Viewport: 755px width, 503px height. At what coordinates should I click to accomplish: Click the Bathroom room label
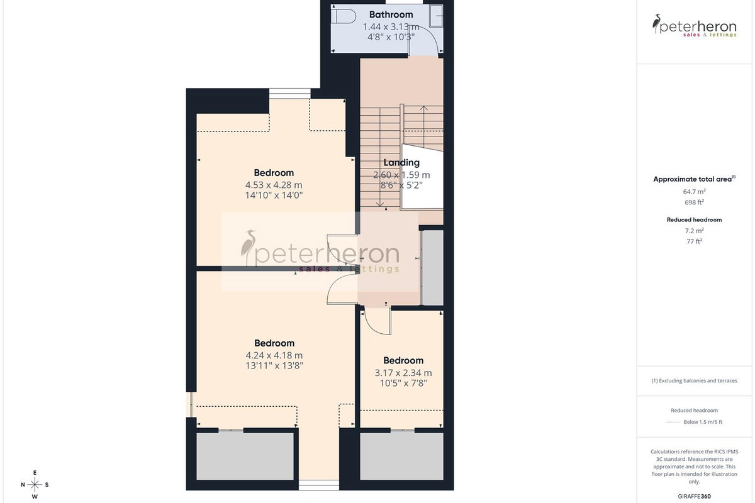[391, 14]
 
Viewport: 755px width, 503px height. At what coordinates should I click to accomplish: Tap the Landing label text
[401, 163]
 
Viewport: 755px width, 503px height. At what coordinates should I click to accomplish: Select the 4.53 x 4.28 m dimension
[274, 185]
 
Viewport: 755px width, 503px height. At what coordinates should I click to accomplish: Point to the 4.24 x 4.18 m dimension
[274, 355]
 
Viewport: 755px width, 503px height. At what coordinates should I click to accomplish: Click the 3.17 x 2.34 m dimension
[403, 373]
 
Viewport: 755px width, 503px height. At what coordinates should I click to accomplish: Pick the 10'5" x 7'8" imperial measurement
[403, 384]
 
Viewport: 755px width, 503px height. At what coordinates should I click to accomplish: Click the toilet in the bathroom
[343, 16]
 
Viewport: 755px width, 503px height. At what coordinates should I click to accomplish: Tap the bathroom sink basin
[437, 16]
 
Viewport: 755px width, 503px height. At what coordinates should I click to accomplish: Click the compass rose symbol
[35, 485]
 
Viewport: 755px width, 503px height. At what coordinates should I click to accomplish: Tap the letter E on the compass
[35, 473]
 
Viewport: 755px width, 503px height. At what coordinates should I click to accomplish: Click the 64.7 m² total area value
[695, 191]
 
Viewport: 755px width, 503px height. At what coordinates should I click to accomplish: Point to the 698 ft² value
[695, 202]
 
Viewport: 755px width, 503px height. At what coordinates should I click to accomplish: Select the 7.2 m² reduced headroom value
[695, 231]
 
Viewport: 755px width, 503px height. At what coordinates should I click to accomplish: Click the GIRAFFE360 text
[695, 496]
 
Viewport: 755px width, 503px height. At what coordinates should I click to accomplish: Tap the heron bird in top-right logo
[656, 23]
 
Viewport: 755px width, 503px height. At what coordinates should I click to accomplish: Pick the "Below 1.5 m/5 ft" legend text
[703, 422]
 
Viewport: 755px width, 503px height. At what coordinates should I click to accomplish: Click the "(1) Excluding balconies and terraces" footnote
[695, 380]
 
